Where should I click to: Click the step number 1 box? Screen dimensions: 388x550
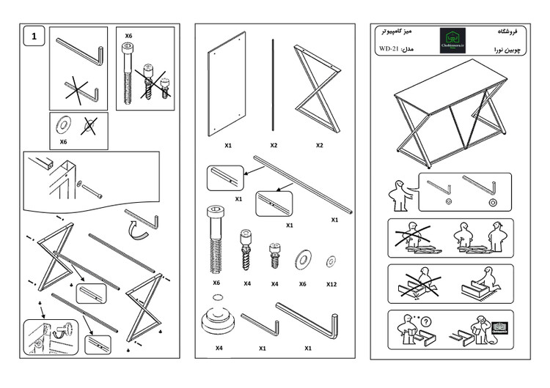tap(34, 35)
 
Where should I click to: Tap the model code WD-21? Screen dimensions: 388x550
tap(388, 50)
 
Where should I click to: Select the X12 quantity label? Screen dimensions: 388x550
tap(331, 283)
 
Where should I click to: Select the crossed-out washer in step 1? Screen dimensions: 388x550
tap(89, 126)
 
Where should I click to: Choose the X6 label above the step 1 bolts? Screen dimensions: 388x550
tap(128, 35)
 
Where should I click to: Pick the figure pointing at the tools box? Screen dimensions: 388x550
tap(395, 195)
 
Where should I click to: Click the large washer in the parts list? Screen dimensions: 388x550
tap(301, 260)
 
